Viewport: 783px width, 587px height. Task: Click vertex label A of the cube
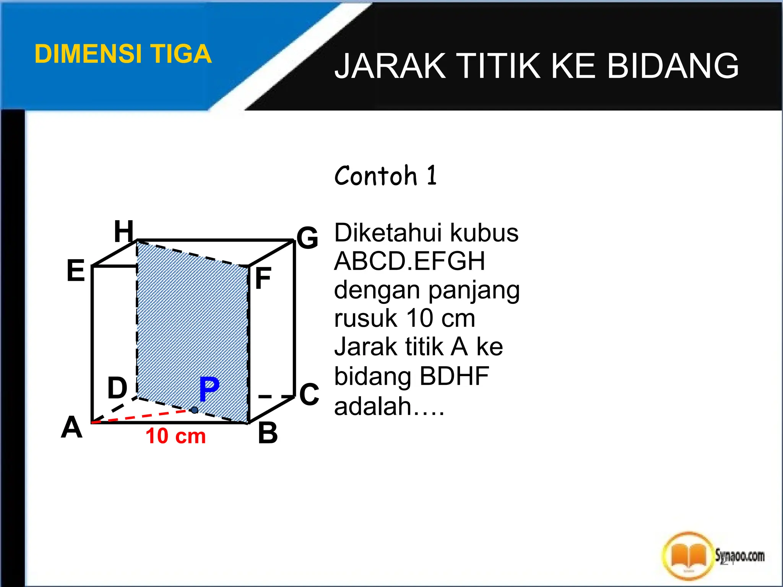click(72, 427)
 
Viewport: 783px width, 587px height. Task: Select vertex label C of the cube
click(309, 394)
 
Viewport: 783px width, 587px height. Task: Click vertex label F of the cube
click(263, 278)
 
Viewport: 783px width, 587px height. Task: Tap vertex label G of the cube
click(307, 238)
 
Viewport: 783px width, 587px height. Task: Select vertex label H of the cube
click(124, 232)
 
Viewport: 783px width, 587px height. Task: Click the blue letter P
click(209, 389)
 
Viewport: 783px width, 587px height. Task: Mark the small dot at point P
click(195, 410)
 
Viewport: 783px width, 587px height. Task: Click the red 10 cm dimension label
click(175, 436)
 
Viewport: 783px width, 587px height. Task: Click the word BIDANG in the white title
click(673, 66)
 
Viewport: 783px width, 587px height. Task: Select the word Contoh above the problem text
click(375, 176)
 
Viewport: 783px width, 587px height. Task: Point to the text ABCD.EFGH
click(409, 261)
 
